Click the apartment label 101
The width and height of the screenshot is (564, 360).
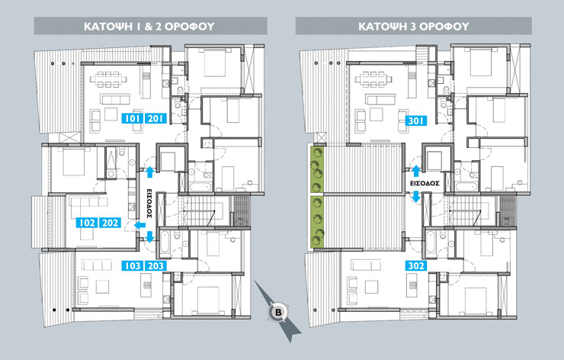[x=133, y=118]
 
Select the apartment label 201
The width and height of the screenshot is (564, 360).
[x=155, y=118]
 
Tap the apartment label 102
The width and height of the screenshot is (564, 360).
[x=87, y=223]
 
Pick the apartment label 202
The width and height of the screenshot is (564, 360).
[x=110, y=223]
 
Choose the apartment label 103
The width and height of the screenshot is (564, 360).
[x=133, y=265]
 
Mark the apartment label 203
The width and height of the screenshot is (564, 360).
[x=155, y=265]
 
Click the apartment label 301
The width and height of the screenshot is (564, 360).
[x=416, y=121]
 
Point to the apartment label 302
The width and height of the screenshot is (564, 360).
[x=416, y=265]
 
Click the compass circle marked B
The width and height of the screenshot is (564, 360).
[x=278, y=312]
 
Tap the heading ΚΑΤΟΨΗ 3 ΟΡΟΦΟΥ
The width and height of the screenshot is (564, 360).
[x=414, y=26]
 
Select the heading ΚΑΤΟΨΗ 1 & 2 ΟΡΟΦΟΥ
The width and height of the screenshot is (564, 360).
[x=149, y=26]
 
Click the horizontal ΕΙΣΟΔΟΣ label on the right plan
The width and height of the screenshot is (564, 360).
[x=425, y=183]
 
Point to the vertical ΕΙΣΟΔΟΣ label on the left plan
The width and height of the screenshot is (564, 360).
[x=149, y=204]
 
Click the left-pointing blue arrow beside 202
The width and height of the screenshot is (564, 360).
[x=139, y=225]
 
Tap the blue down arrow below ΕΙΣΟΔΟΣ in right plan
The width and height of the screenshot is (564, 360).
[x=416, y=197]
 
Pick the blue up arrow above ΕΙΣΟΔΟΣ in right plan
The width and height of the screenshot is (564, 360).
[x=416, y=171]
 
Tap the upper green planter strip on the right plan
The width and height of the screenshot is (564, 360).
[x=317, y=169]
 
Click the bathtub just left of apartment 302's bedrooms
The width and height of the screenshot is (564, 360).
[x=431, y=241]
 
